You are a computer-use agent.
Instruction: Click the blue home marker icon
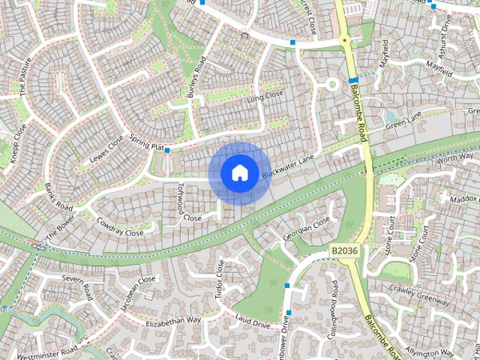coord(238,173)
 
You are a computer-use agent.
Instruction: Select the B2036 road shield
coord(344,250)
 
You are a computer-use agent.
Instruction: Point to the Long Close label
coord(265,96)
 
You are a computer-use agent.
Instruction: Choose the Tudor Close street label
coord(219,279)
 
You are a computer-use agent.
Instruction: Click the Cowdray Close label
coord(120,228)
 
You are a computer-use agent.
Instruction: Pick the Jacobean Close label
coord(137,294)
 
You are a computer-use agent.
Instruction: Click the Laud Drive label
coord(252,322)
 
